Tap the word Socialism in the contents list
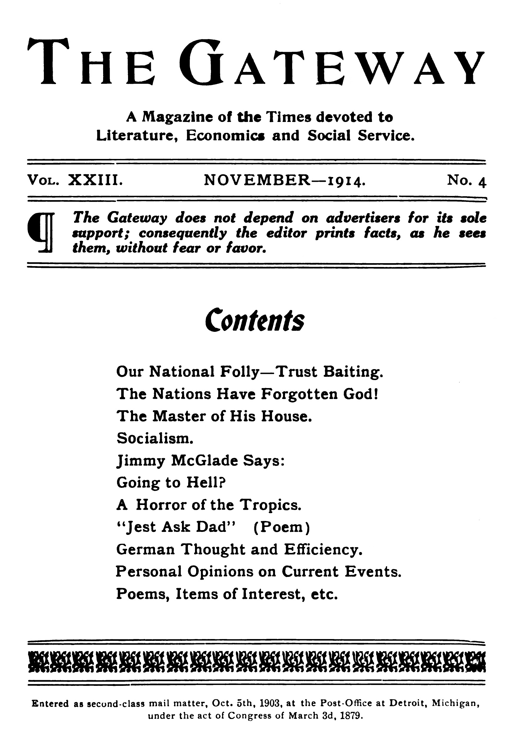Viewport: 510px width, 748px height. coord(155,438)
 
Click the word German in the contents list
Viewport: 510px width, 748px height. coord(145,549)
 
